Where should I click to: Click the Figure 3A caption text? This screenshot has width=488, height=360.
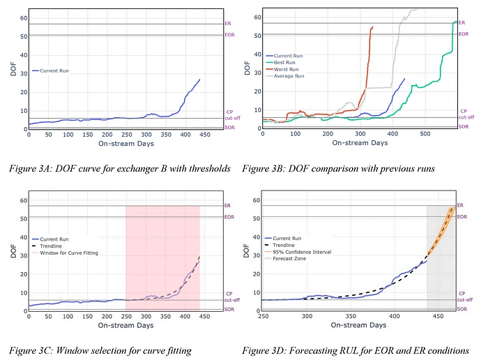[119, 168]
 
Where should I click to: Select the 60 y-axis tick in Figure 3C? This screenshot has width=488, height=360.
[24, 200]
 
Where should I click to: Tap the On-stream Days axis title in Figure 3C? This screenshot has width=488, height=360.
[115, 327]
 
